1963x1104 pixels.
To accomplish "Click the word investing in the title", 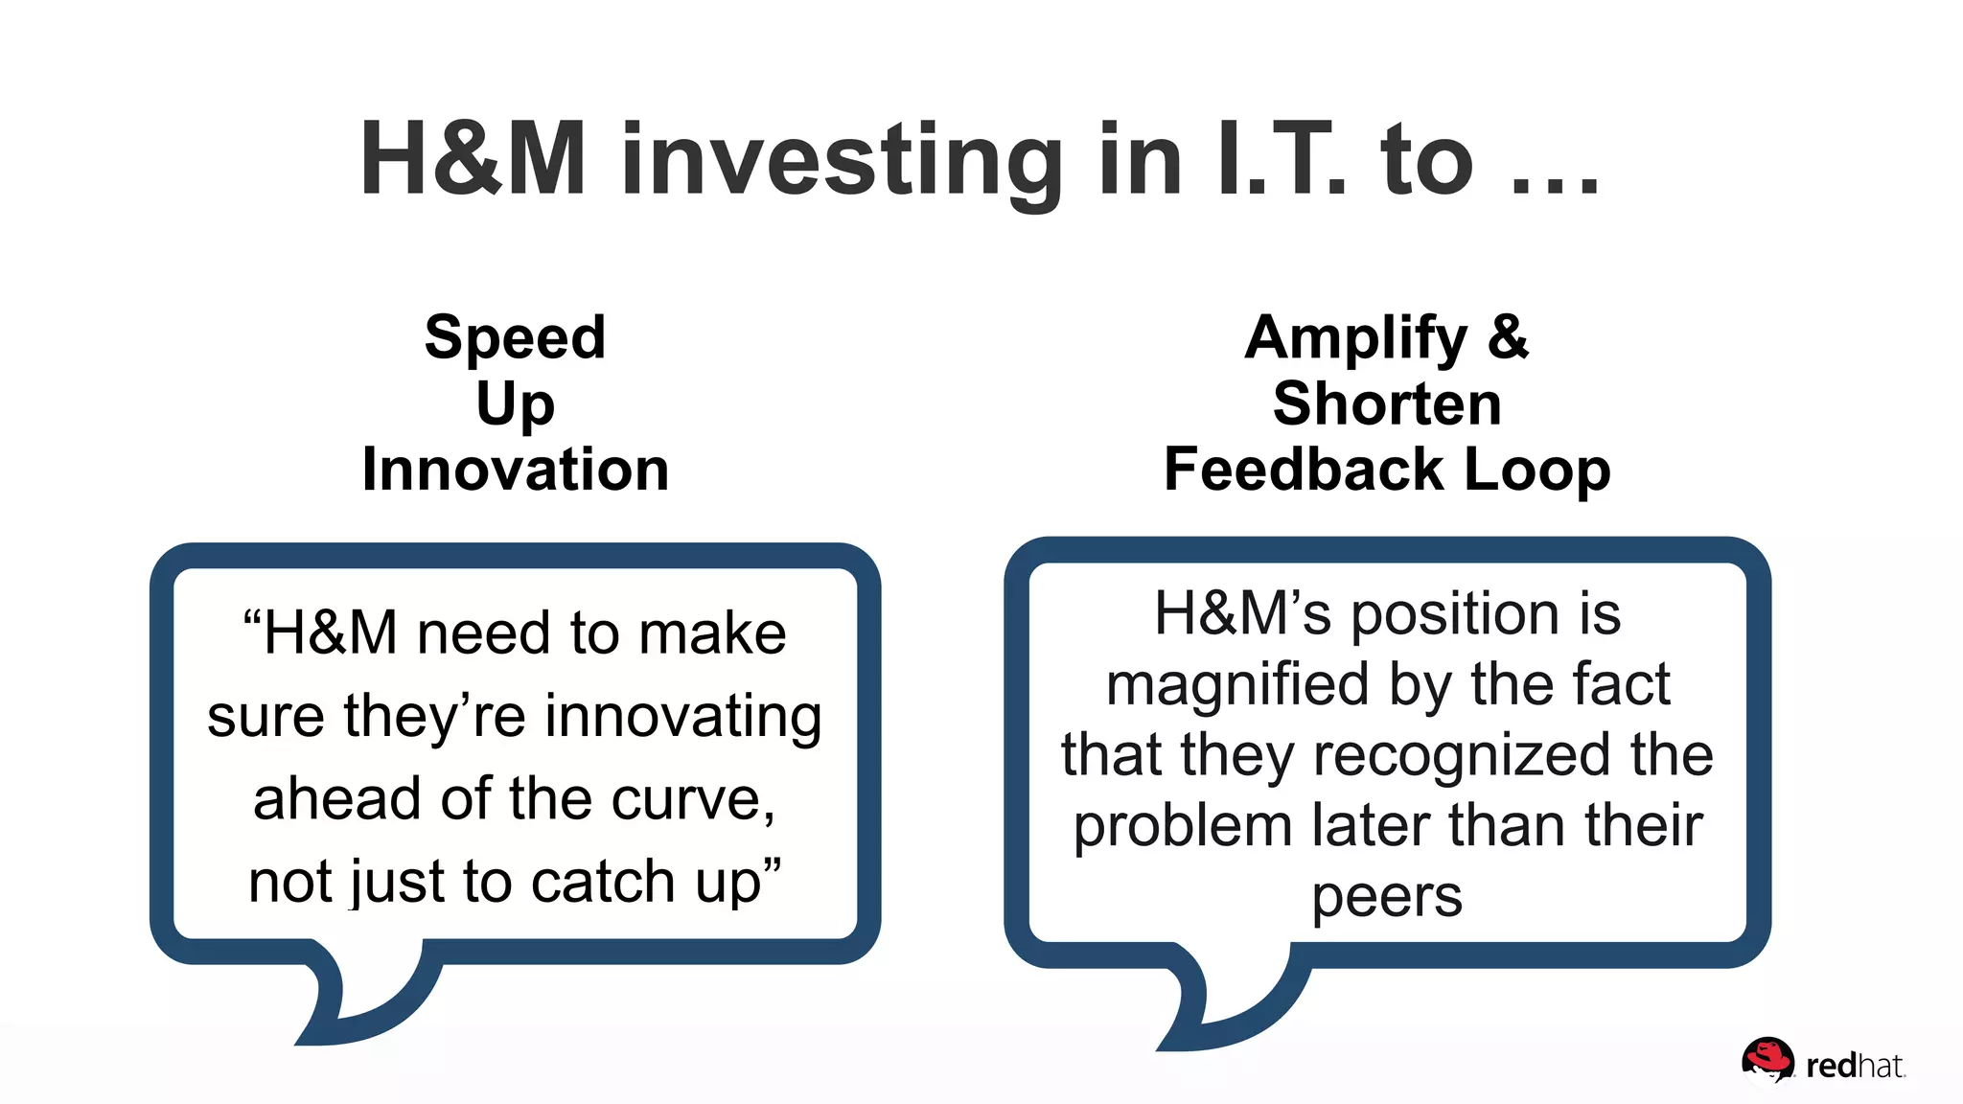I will point(842,161).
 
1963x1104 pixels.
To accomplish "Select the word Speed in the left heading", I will point(515,338).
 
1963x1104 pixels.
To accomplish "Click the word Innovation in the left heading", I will point(515,470).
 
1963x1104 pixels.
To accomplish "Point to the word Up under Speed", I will point(515,404).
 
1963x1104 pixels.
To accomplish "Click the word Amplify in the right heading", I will point(1355,338).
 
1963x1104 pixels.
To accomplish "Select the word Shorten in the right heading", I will point(1387,403).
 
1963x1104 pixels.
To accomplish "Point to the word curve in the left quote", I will point(692,798).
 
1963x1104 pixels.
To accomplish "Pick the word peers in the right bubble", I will point(1387,898).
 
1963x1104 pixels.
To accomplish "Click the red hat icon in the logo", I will point(1767,1060).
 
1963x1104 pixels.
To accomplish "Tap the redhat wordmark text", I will point(1854,1066).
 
